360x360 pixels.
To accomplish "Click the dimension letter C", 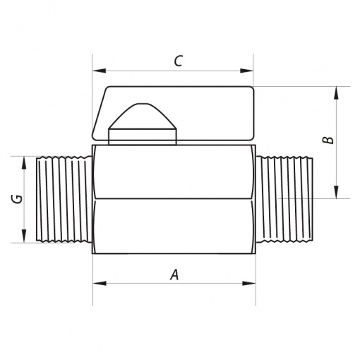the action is tap(178, 61).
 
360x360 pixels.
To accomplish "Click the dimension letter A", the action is tap(174, 275).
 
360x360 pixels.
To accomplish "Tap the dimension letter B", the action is tap(328, 140).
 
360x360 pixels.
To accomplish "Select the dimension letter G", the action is tap(17, 199).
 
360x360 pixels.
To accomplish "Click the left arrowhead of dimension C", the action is tap(99, 71).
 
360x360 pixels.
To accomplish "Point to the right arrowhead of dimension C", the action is tap(247, 71).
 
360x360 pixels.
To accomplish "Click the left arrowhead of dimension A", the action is tap(100, 283).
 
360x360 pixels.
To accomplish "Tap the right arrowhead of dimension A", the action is tap(249, 283).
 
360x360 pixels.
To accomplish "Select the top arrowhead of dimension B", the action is tap(337, 93).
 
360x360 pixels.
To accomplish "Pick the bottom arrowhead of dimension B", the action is tap(337, 192).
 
